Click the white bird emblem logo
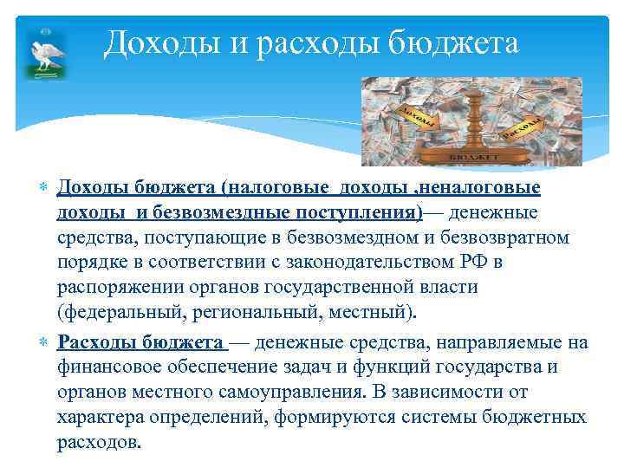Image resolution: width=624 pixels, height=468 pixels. (42, 55)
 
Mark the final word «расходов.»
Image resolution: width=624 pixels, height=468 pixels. (98, 442)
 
